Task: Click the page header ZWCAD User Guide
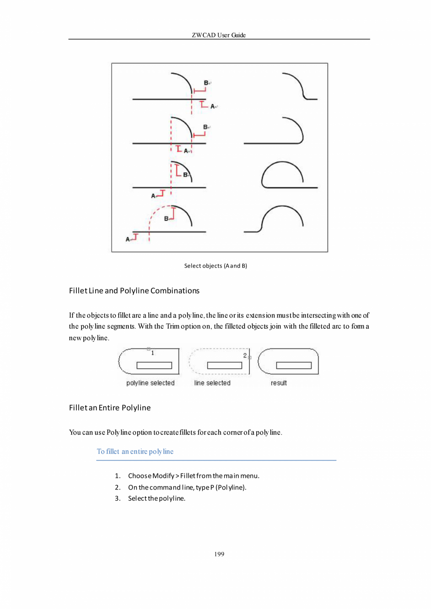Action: tap(219, 35)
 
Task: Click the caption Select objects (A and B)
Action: tap(215, 266)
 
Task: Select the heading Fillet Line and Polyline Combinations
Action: tap(134, 290)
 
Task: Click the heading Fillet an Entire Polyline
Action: tap(110, 408)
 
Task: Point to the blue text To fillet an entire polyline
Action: tap(135, 452)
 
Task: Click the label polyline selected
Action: tap(150, 383)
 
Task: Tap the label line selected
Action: tap(212, 383)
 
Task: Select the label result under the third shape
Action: tap(279, 383)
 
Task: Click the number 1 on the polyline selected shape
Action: tap(153, 353)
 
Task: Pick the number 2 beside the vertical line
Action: tap(245, 356)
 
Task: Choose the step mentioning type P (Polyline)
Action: tap(187, 487)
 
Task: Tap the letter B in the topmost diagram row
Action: tap(206, 82)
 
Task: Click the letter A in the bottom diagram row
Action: tap(128, 239)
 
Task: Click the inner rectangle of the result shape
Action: tap(294, 365)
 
